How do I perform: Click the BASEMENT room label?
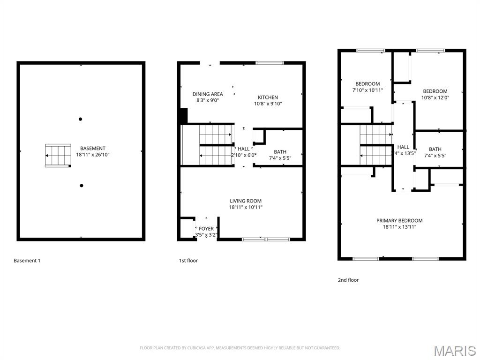[92, 148]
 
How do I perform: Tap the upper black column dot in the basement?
[81, 119]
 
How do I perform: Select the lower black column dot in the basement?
[82, 186]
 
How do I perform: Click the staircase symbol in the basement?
[58, 156]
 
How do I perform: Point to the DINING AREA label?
[208, 94]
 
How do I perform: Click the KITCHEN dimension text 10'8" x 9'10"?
[268, 104]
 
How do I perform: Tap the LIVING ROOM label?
[246, 201]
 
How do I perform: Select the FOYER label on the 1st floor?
[206, 229]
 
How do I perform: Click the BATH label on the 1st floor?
[280, 152]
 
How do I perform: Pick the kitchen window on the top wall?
[270, 63]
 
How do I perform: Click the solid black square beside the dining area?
[183, 116]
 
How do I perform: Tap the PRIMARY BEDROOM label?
[399, 220]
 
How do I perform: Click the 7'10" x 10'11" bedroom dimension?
[367, 90]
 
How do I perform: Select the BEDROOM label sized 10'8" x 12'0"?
[435, 91]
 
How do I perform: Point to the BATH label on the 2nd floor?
[435, 150]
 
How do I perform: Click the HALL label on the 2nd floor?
[403, 147]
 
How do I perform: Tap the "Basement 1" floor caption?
[27, 261]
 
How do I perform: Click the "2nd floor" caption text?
[348, 280]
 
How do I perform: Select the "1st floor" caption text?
[188, 261]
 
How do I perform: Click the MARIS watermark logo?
[454, 350]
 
